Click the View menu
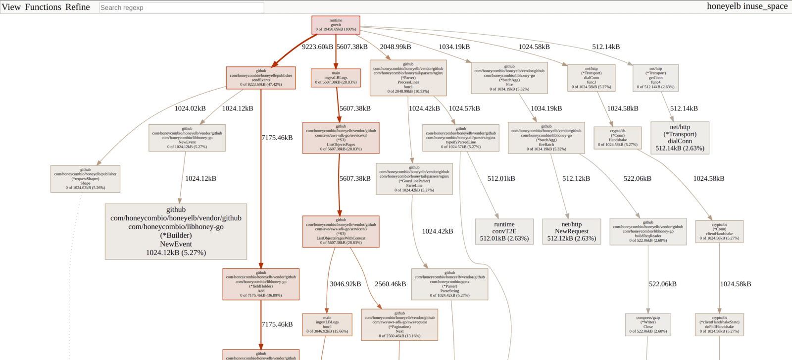[11, 7]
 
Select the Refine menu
[78, 7]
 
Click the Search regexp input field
[181, 7]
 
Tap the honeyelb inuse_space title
[747, 6]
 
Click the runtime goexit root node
[336, 25]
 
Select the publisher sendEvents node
[261, 78]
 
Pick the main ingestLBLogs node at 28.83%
[336, 78]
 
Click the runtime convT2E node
[504, 231]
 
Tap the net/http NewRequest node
[571, 231]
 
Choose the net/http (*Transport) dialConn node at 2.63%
[680, 138]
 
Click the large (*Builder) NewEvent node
[176, 231]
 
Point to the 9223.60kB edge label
[317, 47]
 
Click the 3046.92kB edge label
[345, 284]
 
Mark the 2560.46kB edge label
[390, 284]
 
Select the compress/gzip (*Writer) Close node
[648, 324]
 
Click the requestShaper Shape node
[85, 179]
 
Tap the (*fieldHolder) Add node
[261, 284]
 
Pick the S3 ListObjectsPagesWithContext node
[341, 231]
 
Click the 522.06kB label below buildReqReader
[662, 284]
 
